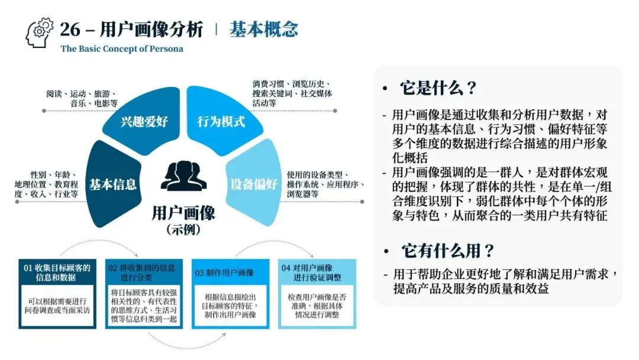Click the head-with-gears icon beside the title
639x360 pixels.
coord(40,33)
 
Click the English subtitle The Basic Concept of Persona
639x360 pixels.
coord(122,49)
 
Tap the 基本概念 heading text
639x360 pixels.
coord(263,29)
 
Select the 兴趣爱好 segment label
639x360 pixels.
coord(144,122)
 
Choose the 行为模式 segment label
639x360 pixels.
coord(221,122)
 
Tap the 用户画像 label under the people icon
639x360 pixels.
coord(183,212)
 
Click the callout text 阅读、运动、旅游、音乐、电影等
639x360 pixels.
coord(82,98)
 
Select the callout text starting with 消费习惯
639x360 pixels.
coord(292,94)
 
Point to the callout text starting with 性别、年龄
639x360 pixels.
coord(46,184)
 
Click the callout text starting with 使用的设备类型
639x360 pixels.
coord(325,184)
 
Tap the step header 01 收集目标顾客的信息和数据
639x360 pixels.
coord(57,272)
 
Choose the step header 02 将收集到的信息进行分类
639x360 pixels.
coord(143,272)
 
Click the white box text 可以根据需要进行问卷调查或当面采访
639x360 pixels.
coord(58,304)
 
